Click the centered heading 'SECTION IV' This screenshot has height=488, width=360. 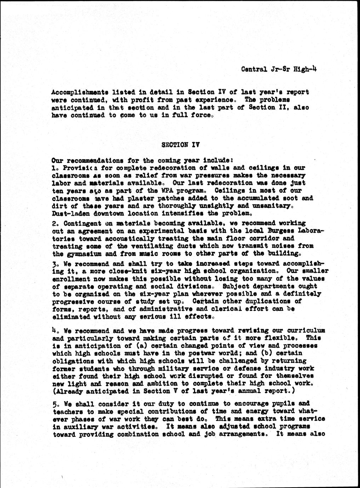click(180, 145)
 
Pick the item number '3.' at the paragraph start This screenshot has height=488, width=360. click(55, 264)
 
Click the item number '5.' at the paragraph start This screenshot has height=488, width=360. click(55, 403)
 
